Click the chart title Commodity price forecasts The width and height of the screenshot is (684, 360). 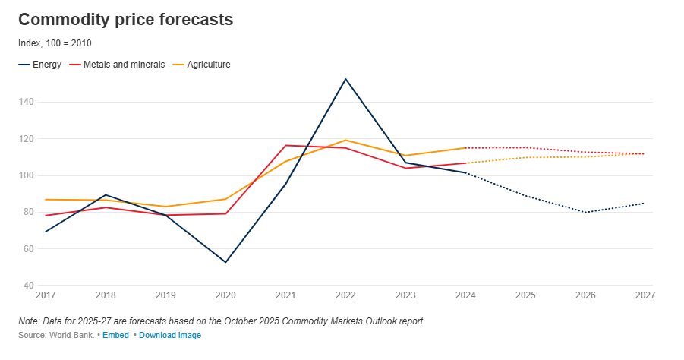(x=125, y=20)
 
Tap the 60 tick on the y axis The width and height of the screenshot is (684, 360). (x=29, y=249)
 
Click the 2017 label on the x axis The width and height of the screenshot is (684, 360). (x=46, y=295)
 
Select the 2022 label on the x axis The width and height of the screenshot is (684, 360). (x=345, y=295)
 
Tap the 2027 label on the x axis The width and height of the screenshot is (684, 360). (x=645, y=295)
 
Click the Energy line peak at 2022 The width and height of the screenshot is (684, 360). (x=345, y=79)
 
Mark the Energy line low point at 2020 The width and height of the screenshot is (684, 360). (x=226, y=262)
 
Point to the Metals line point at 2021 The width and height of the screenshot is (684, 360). (x=285, y=145)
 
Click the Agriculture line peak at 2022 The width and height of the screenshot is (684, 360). (x=345, y=140)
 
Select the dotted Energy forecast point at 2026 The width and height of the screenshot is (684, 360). (x=585, y=212)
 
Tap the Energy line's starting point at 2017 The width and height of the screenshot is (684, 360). (x=46, y=232)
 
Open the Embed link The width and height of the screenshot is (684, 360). (x=115, y=335)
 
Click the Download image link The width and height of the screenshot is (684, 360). (x=170, y=335)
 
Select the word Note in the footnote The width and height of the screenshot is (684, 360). (x=28, y=321)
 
